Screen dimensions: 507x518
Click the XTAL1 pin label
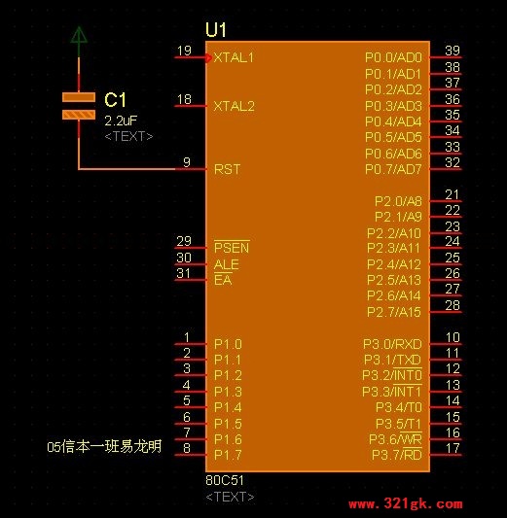[x=234, y=57]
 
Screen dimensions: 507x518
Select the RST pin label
[x=227, y=169]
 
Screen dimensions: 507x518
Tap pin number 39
[x=453, y=51]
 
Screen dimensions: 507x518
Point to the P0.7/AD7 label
[x=393, y=169]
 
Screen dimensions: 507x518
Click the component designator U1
[x=216, y=30]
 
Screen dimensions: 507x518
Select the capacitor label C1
[x=115, y=99]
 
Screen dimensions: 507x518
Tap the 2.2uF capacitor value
[x=121, y=121]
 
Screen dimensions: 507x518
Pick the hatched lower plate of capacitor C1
[x=79, y=115]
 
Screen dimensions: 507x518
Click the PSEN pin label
[x=232, y=248]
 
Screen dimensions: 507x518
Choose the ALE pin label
[x=227, y=264]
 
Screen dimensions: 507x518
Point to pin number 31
[x=184, y=273]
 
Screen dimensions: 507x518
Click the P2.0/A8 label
[x=398, y=201]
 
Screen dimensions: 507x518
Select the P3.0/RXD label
[x=392, y=344]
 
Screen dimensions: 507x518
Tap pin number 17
[x=453, y=448]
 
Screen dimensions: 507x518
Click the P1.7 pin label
[x=228, y=455]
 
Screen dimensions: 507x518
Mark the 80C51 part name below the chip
[x=225, y=480]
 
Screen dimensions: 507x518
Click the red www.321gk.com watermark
[x=406, y=504]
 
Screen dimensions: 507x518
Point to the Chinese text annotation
[x=104, y=446]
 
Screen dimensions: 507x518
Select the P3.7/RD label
[x=397, y=455]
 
